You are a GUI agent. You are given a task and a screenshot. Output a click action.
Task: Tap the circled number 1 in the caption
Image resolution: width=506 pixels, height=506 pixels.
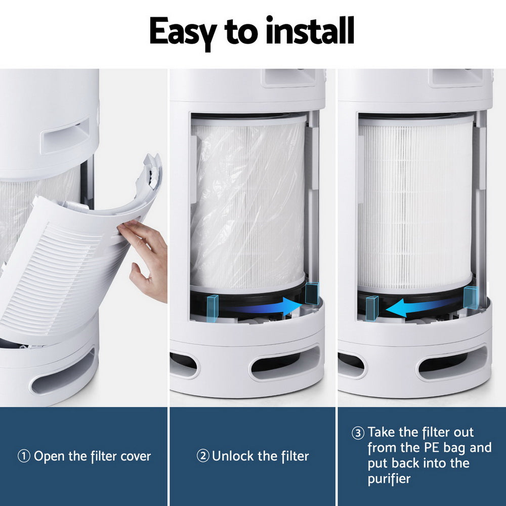(24, 456)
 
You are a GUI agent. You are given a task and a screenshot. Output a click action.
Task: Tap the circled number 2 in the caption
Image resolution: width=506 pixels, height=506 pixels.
(203, 456)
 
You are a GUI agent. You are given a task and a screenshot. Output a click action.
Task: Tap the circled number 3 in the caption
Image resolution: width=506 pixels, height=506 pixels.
(358, 433)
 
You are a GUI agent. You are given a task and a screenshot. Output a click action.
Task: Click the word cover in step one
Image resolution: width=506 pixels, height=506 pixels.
(135, 456)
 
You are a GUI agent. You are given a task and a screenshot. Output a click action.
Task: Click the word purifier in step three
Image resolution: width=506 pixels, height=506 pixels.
(389, 478)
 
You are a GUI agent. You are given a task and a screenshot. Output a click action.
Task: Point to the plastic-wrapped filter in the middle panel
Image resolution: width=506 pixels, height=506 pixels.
(248, 202)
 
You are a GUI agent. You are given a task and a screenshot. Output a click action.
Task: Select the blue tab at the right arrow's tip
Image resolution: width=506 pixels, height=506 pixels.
(312, 293)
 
